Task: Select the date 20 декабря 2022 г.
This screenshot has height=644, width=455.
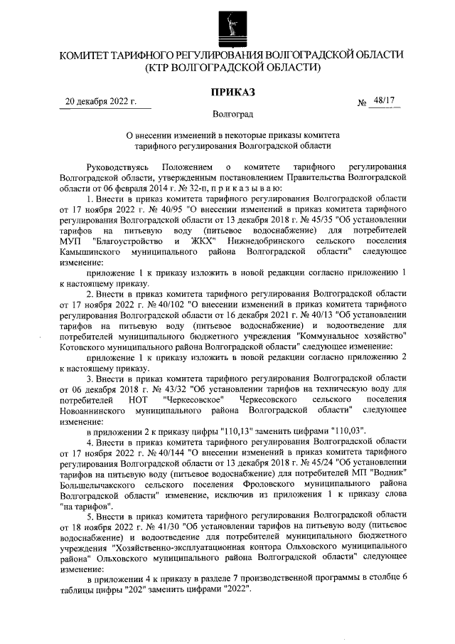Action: [x=100, y=102]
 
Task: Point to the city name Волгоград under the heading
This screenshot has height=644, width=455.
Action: [x=232, y=114]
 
